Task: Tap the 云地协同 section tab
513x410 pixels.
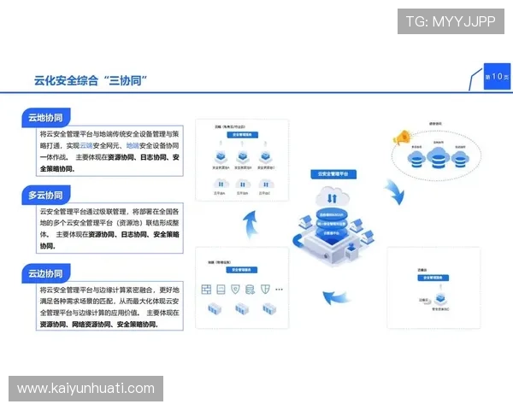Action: coord(44,118)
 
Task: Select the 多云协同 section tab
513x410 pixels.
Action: coord(44,196)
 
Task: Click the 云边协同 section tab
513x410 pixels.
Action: coord(44,274)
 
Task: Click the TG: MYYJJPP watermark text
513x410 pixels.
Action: coord(450,21)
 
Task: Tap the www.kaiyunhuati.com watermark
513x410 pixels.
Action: coord(85,389)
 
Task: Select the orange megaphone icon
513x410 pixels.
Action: coord(399,137)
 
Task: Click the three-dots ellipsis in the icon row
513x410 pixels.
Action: coord(279,290)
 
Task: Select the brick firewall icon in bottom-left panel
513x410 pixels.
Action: coord(207,290)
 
